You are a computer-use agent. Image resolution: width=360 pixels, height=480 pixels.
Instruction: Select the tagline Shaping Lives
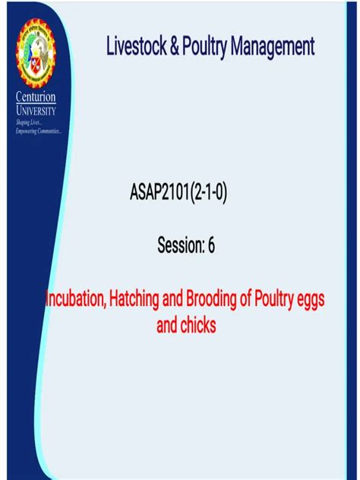point(28,122)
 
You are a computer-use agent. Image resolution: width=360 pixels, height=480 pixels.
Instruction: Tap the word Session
point(180,245)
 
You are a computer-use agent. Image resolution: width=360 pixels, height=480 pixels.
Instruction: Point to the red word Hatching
point(141,300)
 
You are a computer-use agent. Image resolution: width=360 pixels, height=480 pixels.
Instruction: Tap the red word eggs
point(314,302)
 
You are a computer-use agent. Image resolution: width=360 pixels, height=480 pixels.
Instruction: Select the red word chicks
point(198,327)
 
